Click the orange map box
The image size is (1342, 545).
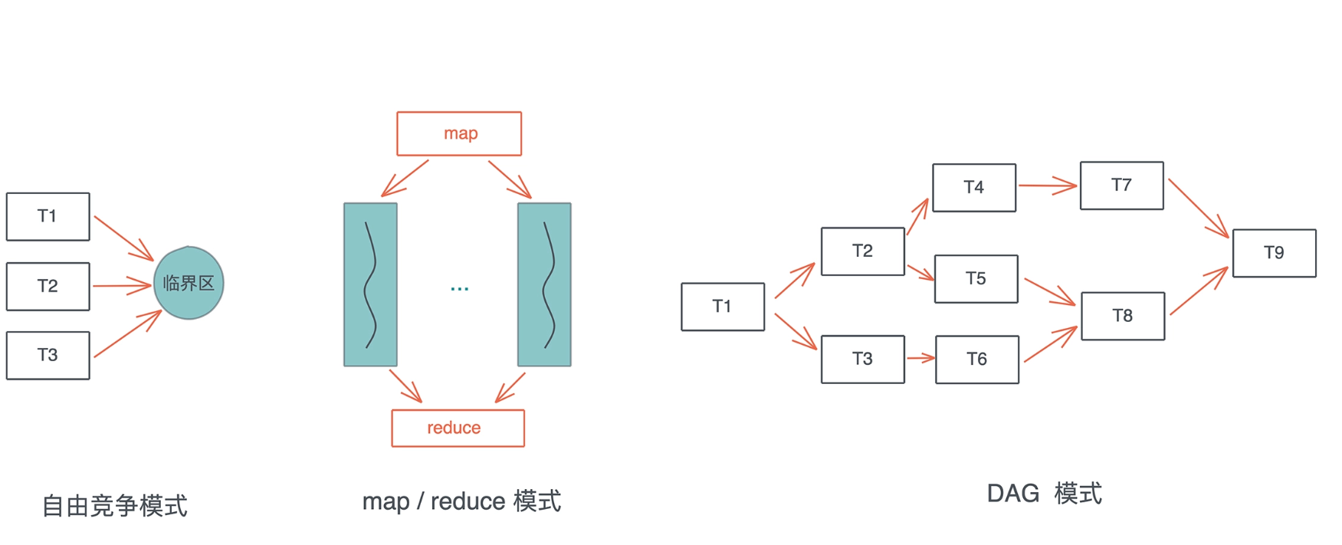pyautogui.click(x=459, y=133)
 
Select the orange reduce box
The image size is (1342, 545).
pyautogui.click(x=458, y=428)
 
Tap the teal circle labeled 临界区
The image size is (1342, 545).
pyautogui.click(x=189, y=283)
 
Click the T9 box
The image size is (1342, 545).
pyautogui.click(x=1274, y=253)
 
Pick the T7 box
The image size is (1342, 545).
pyautogui.click(x=1121, y=185)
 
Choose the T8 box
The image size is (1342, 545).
pyautogui.click(x=1123, y=316)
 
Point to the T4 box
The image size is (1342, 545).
pyautogui.click(x=974, y=188)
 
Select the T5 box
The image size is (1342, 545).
pyautogui.click(x=976, y=279)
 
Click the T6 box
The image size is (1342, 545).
pyautogui.click(x=977, y=360)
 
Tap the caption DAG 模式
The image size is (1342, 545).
pyautogui.click(x=1044, y=494)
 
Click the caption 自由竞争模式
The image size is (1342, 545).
pyautogui.click(x=114, y=506)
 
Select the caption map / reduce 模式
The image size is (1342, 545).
pyautogui.click(x=461, y=501)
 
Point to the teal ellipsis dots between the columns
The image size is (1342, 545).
pyautogui.click(x=459, y=289)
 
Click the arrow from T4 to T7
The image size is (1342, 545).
pyautogui.click(x=1047, y=185)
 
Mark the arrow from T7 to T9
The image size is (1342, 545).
pyautogui.click(x=1198, y=208)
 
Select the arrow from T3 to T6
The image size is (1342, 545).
pyautogui.click(x=920, y=358)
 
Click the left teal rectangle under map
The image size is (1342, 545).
pyautogui.click(x=370, y=284)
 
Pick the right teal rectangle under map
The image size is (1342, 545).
pyautogui.click(x=544, y=284)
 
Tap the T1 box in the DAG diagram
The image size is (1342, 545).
pyautogui.click(x=723, y=307)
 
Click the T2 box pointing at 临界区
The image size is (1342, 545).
pyautogui.click(x=48, y=287)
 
